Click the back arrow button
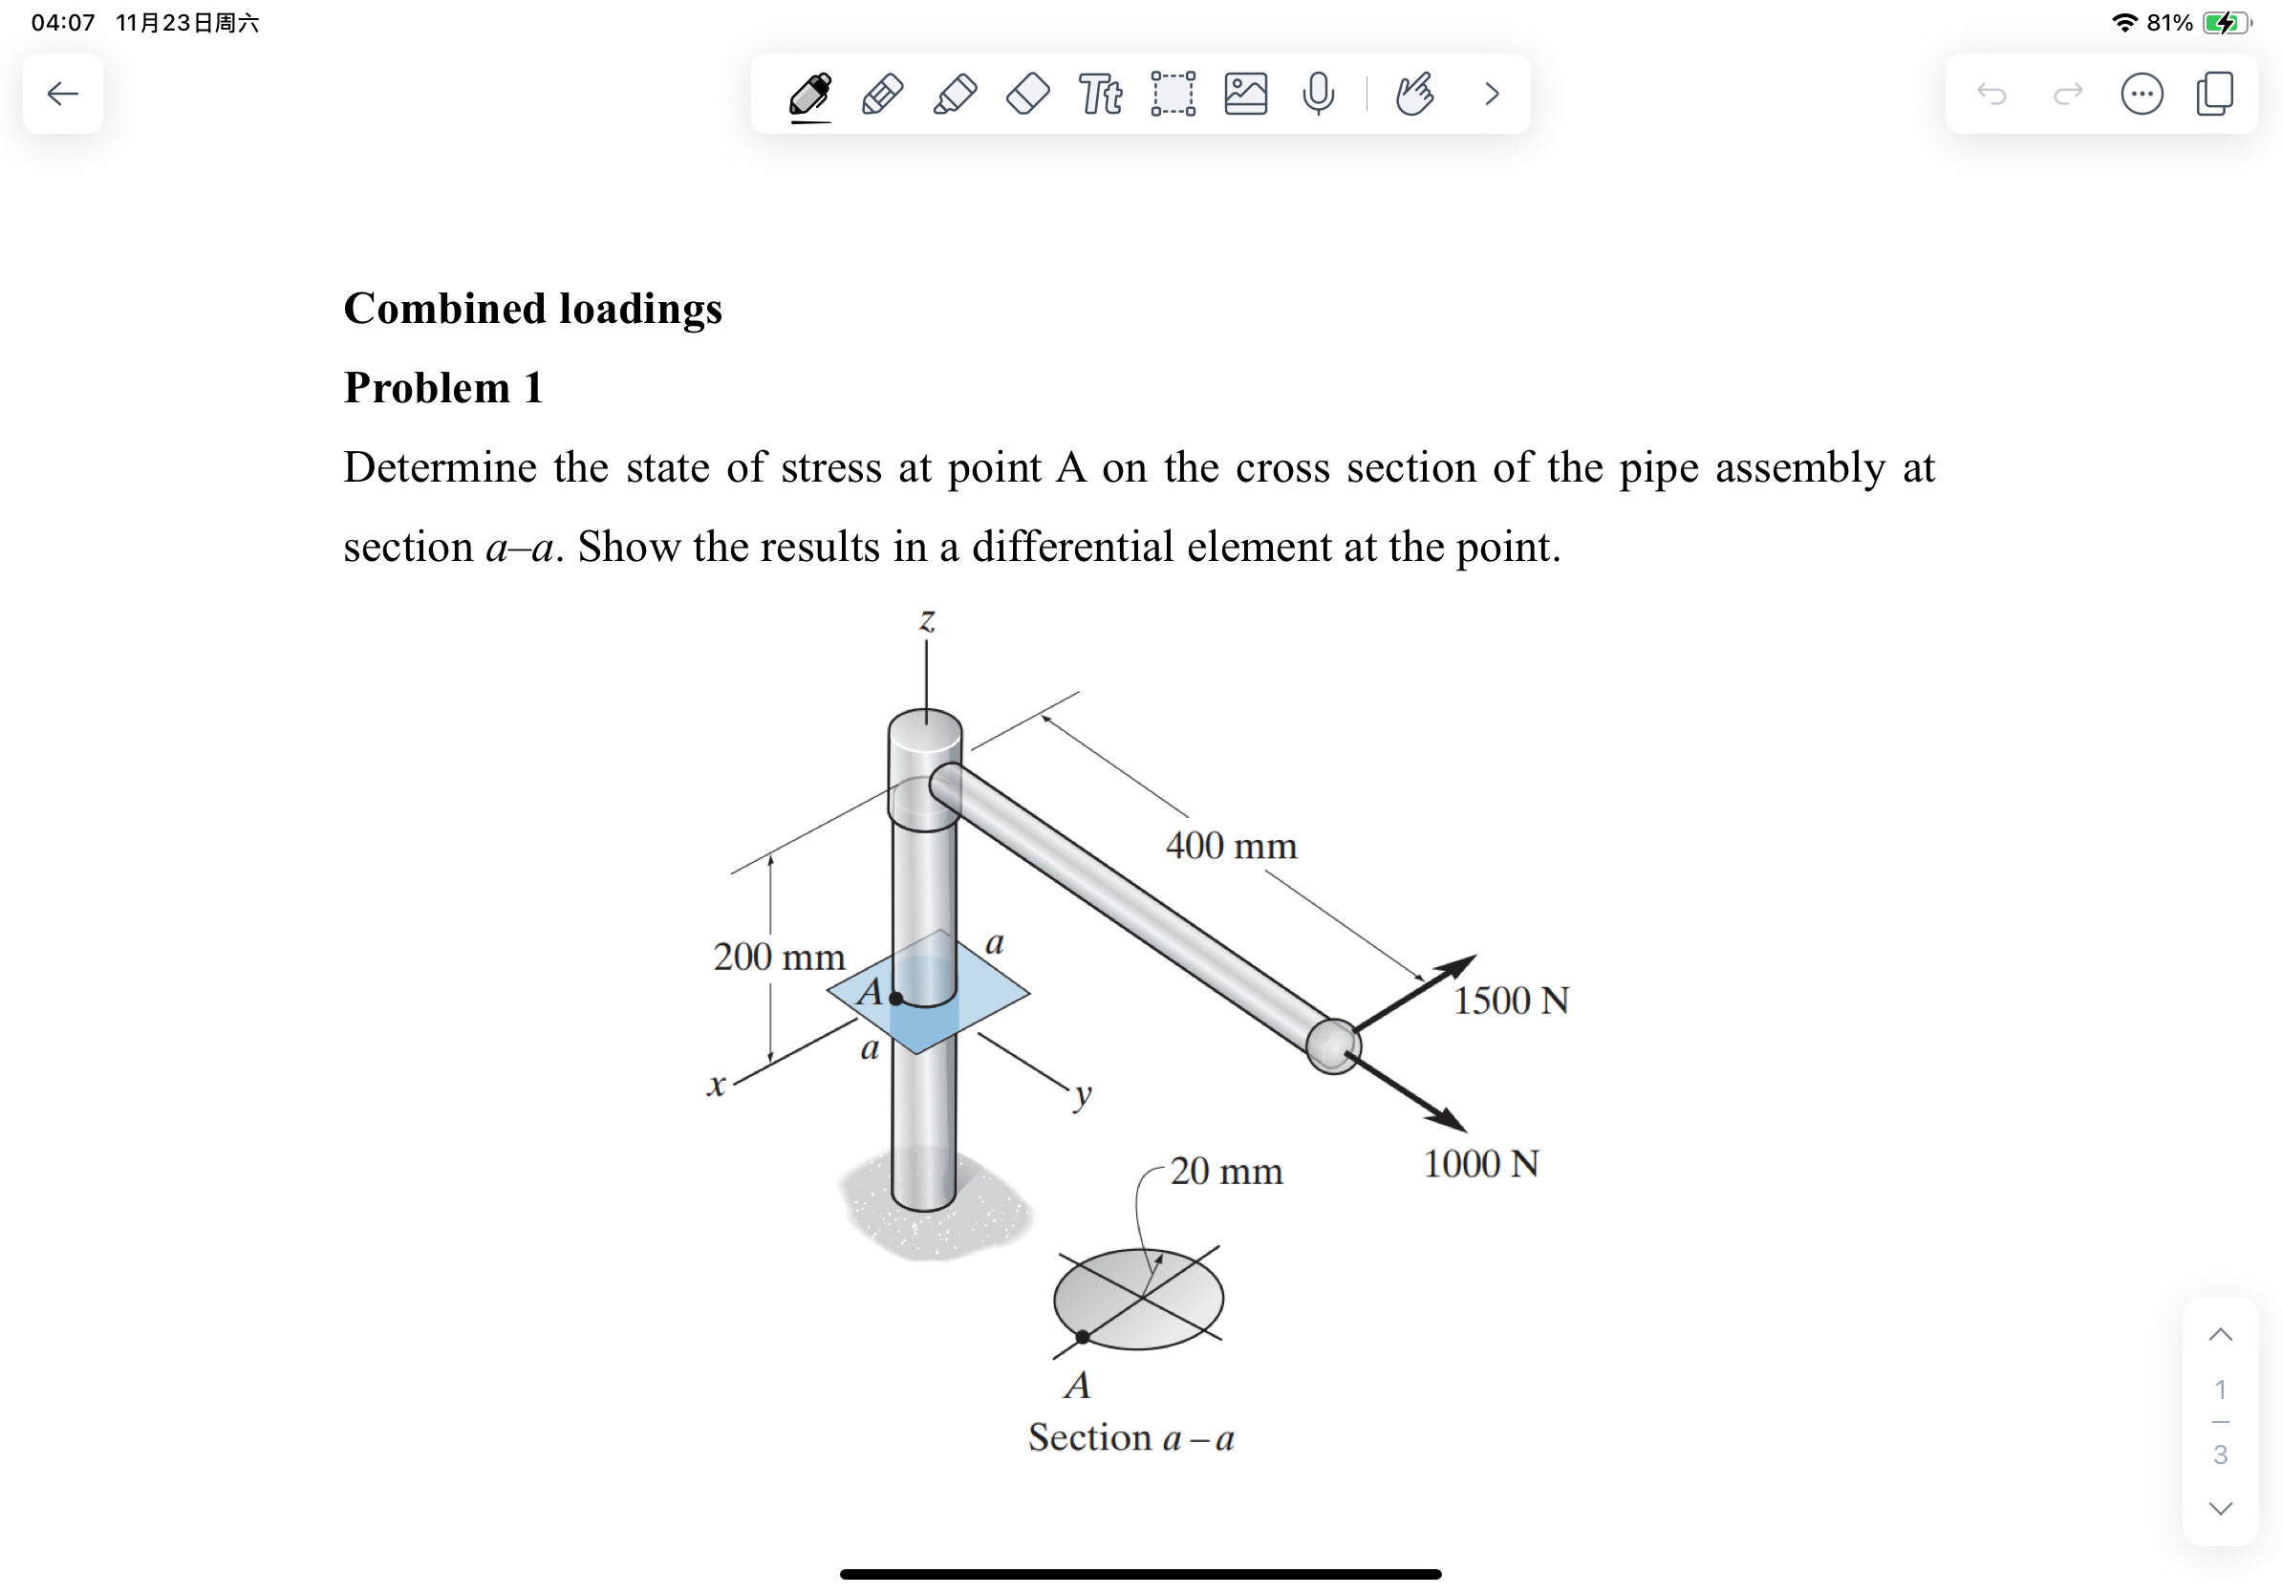click(x=63, y=94)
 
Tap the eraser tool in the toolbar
click(x=1027, y=95)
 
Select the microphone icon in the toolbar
click(x=1318, y=95)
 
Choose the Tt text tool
click(x=1100, y=95)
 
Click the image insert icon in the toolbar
click(x=1245, y=95)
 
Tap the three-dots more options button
click(x=2141, y=95)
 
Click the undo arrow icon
click(x=1991, y=95)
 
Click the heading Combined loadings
click(x=532, y=308)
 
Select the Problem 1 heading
click(x=443, y=388)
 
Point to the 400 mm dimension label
click(x=1231, y=846)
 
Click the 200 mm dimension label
click(x=779, y=957)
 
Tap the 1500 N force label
click(x=1511, y=1001)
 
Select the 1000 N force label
click(x=1480, y=1164)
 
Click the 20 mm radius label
click(x=1225, y=1172)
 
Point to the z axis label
click(x=926, y=620)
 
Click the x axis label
click(x=716, y=1085)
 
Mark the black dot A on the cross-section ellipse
click(x=1083, y=1338)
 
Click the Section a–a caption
click(x=1131, y=1438)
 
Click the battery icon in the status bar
click(x=2225, y=23)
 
